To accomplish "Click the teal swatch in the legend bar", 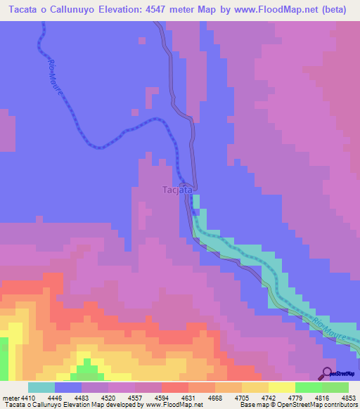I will [41, 387].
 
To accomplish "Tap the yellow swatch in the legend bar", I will [281, 387].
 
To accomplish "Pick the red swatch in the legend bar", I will [174, 387].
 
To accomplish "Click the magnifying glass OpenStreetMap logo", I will [328, 372].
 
